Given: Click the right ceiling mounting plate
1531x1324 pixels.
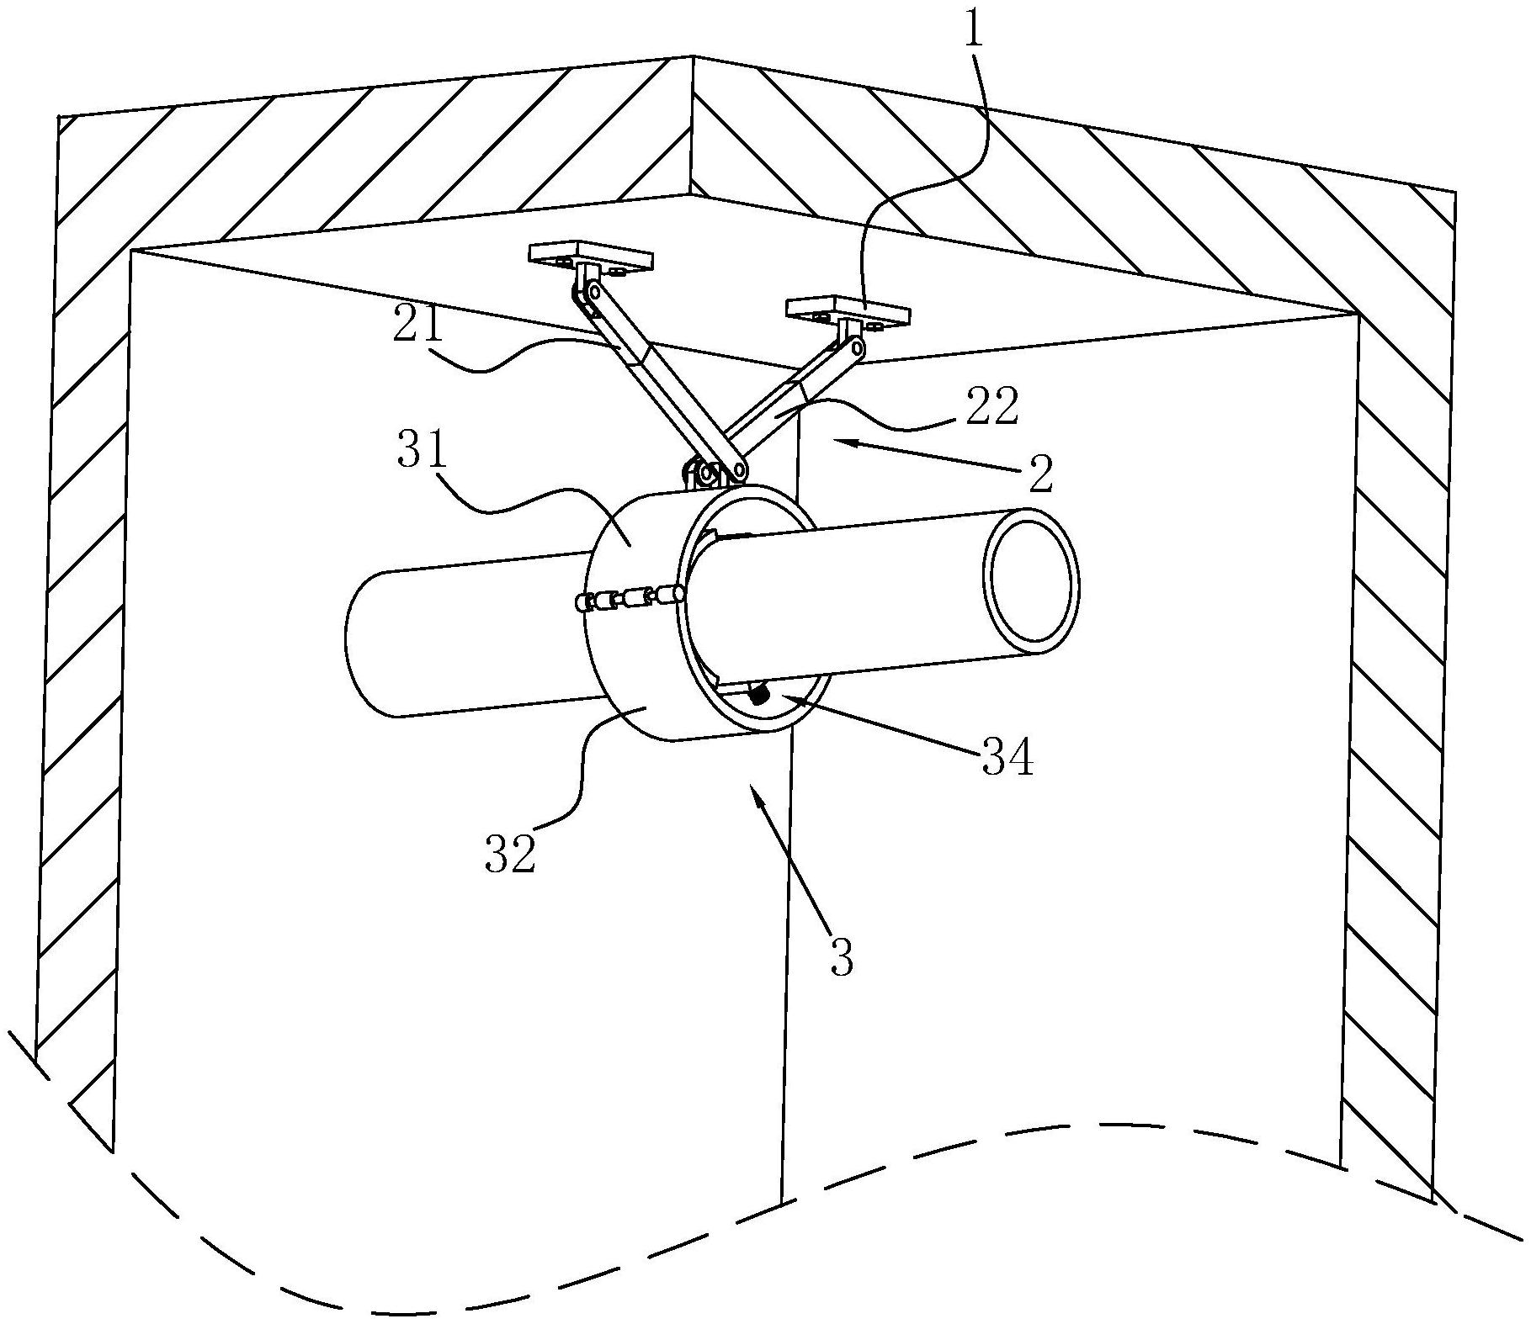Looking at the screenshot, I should click(x=848, y=313).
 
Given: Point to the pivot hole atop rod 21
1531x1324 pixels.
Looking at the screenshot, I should click(x=594, y=291).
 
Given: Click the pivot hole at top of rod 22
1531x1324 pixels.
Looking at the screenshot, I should click(x=856, y=346).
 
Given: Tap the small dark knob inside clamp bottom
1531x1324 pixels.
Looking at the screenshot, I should click(x=760, y=695).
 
